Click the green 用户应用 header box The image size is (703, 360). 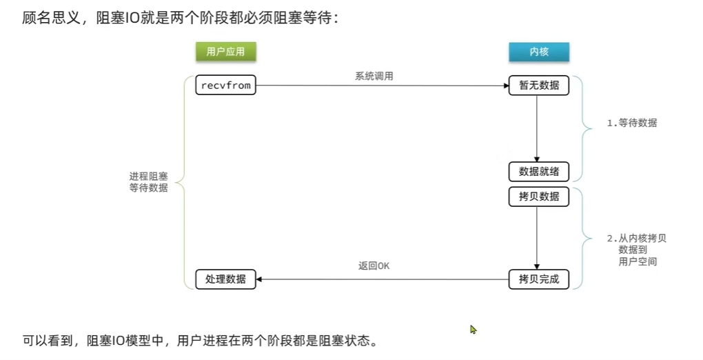click(225, 52)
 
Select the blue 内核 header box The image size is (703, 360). click(539, 52)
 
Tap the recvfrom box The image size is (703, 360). click(225, 86)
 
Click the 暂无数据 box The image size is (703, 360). click(539, 86)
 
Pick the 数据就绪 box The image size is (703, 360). click(539, 171)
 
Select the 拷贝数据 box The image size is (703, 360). click(539, 197)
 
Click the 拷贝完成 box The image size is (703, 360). click(539, 279)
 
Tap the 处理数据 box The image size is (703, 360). click(225, 279)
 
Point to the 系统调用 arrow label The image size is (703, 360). click(374, 76)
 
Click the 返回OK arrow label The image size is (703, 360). click(374, 266)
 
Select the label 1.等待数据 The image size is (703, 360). click(631, 123)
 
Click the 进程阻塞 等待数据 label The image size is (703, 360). click(148, 181)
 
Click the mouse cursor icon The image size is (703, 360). click(473, 330)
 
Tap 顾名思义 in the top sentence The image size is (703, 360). click(49, 18)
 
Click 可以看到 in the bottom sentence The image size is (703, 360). click(48, 341)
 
